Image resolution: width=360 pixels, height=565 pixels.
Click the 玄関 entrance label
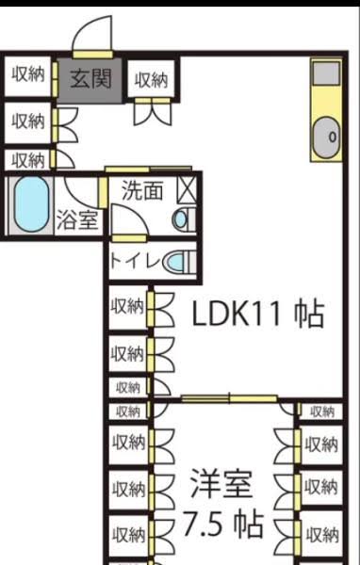(90, 78)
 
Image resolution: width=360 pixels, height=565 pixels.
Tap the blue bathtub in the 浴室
(31, 204)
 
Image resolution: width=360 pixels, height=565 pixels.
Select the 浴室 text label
(77, 219)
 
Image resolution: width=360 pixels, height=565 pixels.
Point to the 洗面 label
(142, 190)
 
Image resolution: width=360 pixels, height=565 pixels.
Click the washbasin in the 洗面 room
(180, 219)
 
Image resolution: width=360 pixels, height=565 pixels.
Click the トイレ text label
(135, 261)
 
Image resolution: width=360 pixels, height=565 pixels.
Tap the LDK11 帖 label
(257, 314)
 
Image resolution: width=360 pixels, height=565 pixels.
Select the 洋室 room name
(221, 483)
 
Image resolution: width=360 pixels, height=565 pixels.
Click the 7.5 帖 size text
(223, 524)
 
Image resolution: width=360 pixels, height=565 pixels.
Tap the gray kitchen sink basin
(327, 137)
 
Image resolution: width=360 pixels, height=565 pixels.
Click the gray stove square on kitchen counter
(326, 73)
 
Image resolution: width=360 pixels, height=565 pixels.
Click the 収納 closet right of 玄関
(151, 79)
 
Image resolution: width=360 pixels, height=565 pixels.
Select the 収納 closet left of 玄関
(28, 74)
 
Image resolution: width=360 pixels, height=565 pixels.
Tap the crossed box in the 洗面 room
(187, 190)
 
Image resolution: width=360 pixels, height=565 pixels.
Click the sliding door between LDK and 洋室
(229, 398)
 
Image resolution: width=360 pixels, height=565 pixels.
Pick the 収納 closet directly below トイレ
(127, 307)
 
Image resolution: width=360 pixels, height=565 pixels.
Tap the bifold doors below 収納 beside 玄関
(153, 114)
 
